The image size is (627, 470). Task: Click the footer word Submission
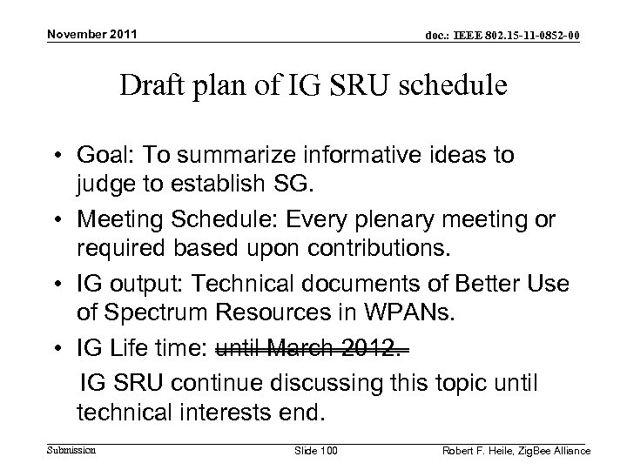click(x=70, y=449)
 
